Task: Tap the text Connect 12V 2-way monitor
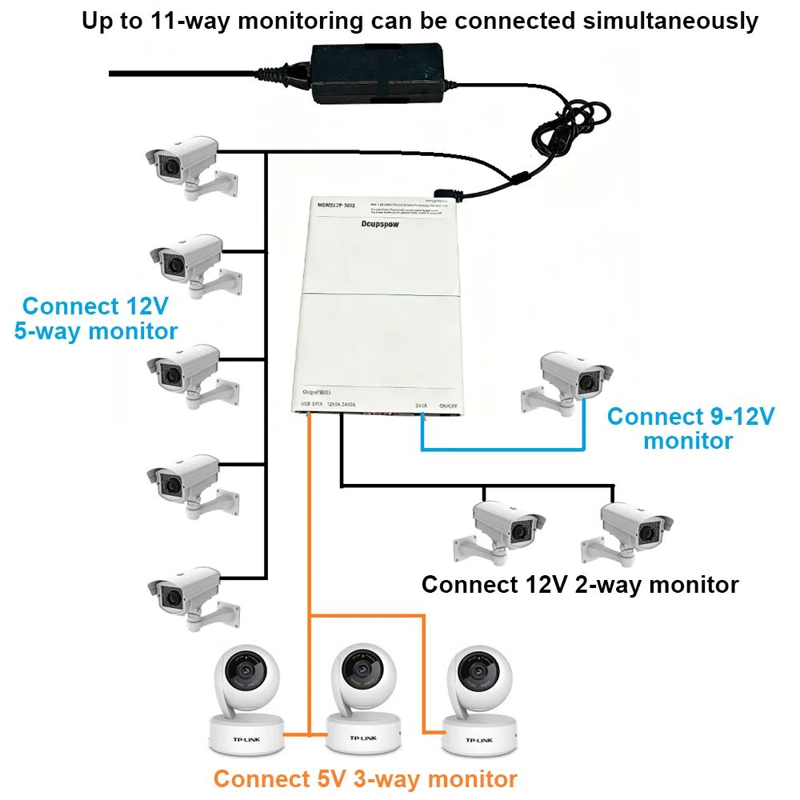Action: (x=579, y=585)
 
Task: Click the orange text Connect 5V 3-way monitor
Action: (x=365, y=778)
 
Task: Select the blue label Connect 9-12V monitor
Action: (x=690, y=428)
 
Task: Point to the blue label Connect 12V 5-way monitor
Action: (x=96, y=318)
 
